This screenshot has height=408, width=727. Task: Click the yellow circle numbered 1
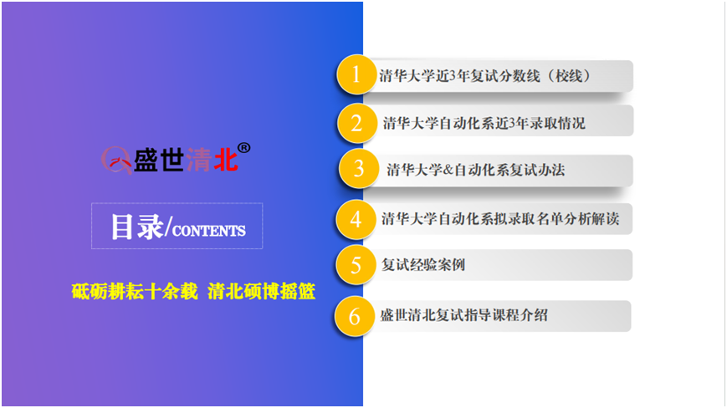tap(356, 74)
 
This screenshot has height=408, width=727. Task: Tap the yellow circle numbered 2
tap(356, 123)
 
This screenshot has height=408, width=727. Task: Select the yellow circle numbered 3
tap(358, 169)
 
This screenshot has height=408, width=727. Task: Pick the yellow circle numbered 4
tap(356, 219)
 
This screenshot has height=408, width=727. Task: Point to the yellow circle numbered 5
tap(356, 265)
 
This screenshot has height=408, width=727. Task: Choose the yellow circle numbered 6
tap(354, 316)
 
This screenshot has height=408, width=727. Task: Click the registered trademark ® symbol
tap(244, 148)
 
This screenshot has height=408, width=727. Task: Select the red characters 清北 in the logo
tap(212, 161)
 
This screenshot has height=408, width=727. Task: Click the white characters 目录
tap(137, 227)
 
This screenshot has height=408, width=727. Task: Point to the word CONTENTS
tap(208, 231)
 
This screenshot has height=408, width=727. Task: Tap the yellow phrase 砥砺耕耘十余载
tap(135, 292)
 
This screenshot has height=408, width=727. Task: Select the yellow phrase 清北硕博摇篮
tap(262, 292)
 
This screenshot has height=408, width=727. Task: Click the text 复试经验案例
tap(422, 265)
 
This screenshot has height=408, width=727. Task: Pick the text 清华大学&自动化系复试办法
tap(476, 170)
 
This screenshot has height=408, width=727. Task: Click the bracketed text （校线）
tap(568, 75)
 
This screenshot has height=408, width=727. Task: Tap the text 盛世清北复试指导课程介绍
tap(463, 315)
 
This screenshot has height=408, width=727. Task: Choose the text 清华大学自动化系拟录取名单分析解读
tap(500, 218)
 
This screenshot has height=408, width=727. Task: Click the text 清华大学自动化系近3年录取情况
tap(484, 123)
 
